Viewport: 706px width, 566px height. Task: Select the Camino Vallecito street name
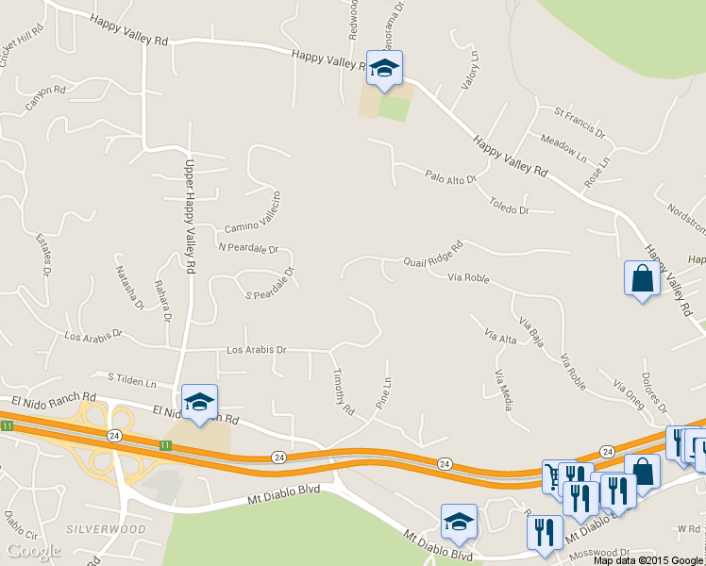pyautogui.click(x=253, y=214)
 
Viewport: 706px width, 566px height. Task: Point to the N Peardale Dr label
pyautogui.click(x=248, y=249)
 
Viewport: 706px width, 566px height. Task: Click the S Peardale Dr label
pyautogui.click(x=270, y=283)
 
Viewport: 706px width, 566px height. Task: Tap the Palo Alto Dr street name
pyautogui.click(x=451, y=176)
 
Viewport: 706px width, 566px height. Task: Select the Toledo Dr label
pyautogui.click(x=509, y=205)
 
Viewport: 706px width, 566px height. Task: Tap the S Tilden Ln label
pyautogui.click(x=131, y=380)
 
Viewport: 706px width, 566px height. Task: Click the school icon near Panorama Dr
pyautogui.click(x=384, y=68)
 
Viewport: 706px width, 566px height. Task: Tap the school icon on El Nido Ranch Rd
pyautogui.click(x=199, y=402)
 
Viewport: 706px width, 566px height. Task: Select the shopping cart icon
pyautogui.click(x=554, y=476)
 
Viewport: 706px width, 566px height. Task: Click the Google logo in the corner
pyautogui.click(x=33, y=551)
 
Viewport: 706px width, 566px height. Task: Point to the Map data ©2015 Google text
pyautogui.click(x=647, y=559)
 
